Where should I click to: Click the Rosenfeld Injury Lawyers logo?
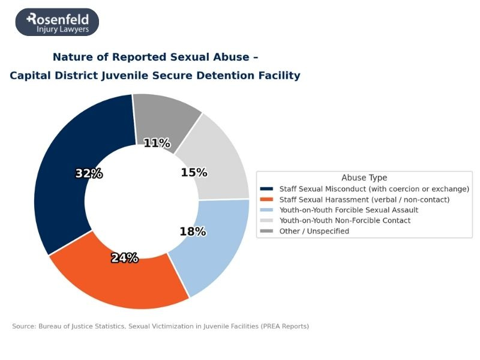click(x=57, y=22)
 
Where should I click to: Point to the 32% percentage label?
click(x=89, y=174)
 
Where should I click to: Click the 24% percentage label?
click(x=125, y=258)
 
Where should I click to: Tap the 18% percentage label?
click(x=193, y=232)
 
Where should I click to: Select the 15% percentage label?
click(x=194, y=173)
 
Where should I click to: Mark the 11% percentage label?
click(x=157, y=143)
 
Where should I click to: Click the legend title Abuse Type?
click(x=364, y=178)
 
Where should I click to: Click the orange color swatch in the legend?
click(x=268, y=199)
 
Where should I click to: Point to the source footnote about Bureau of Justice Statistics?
click(x=160, y=326)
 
